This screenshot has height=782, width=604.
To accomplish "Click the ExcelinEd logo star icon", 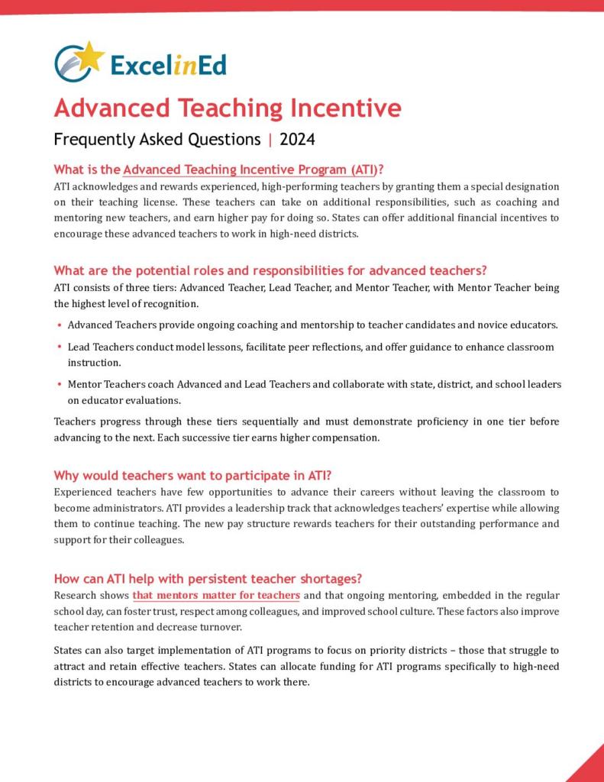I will (x=90, y=56).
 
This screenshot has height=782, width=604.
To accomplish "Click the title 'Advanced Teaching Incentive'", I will (x=227, y=108).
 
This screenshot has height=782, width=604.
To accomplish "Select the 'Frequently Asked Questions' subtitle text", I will (x=157, y=140).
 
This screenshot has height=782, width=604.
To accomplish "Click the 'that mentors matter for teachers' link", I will (x=216, y=595).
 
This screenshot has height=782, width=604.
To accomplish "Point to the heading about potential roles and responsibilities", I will (x=270, y=270).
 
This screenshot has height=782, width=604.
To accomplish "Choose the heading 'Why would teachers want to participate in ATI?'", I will (x=192, y=476).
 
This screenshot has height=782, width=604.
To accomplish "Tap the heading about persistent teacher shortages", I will (x=207, y=578).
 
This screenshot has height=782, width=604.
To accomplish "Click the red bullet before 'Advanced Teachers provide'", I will (x=59, y=325).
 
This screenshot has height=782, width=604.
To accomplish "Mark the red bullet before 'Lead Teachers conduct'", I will (x=59, y=347).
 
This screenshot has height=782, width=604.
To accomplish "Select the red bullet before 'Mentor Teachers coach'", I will (x=59, y=385).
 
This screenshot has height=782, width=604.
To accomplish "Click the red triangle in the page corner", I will (x=589, y=766).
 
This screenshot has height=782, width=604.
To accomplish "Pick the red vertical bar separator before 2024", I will (x=270, y=140).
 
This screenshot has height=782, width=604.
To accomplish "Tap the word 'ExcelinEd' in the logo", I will (x=168, y=65).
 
